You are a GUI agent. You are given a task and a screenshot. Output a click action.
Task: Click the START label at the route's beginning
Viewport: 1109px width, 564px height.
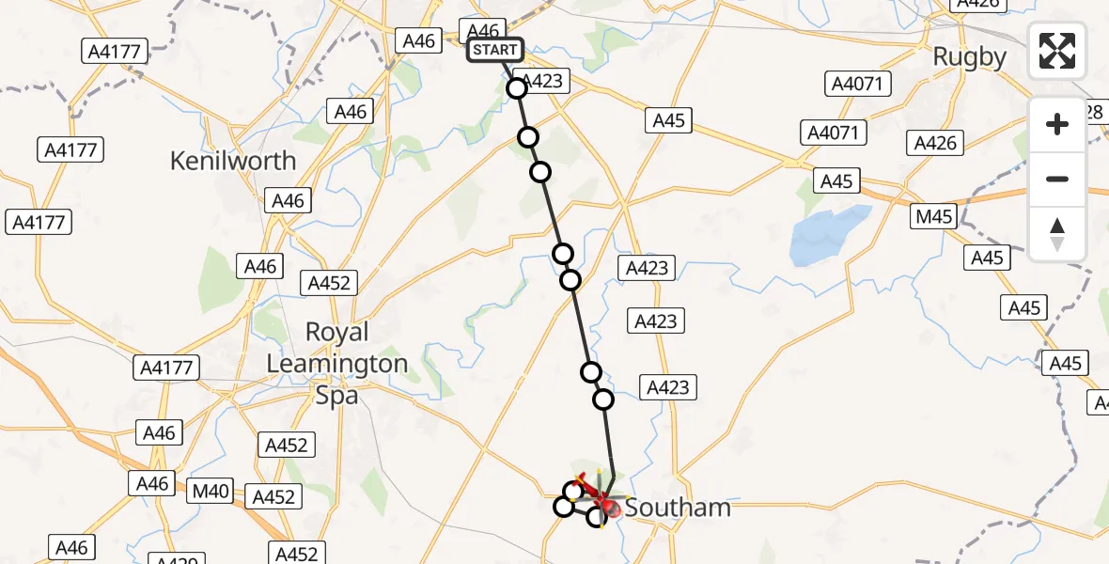[494, 50]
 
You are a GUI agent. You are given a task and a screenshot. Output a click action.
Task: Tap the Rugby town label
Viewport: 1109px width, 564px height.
[969, 57]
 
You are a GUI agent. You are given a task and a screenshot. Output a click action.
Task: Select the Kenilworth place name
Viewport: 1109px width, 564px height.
[233, 161]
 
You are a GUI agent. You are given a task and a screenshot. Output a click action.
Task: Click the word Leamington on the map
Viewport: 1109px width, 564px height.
[337, 364]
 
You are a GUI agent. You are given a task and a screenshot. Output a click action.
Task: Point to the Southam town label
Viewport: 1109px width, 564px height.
[677, 508]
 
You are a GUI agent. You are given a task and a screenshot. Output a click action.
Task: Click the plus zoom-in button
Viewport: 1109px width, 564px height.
[1057, 124]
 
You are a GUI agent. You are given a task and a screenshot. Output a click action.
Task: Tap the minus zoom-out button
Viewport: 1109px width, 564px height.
[1057, 179]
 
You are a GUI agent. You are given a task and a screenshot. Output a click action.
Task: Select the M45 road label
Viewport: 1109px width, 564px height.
[934, 217]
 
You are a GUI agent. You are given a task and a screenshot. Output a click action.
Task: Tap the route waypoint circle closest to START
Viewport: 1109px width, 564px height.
[517, 88]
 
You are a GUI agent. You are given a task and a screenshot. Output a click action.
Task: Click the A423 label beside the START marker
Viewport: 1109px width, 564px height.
[541, 81]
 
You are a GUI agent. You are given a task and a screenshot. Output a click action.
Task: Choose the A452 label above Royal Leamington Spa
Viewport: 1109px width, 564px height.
[328, 283]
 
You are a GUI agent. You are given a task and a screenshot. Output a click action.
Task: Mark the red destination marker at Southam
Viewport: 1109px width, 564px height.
[611, 509]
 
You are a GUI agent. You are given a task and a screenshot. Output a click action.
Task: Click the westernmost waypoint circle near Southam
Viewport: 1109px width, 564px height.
[563, 508]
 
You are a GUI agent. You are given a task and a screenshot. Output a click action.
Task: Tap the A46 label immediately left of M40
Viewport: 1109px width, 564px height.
[152, 483]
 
